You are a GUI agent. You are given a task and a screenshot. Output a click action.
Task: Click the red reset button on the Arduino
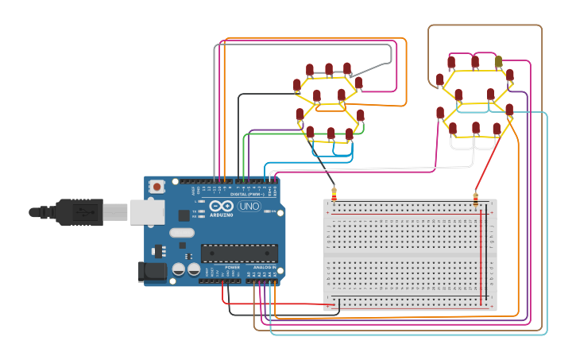pyautogui.click(x=157, y=187)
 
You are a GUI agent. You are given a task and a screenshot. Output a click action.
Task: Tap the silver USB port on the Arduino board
pyautogui.click(x=149, y=211)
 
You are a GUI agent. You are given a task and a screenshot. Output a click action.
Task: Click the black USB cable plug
pyautogui.click(x=79, y=212)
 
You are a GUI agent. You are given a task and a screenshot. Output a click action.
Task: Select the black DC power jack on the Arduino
pyautogui.click(x=153, y=272)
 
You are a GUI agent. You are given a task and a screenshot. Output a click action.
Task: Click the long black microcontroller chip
pyautogui.click(x=239, y=253)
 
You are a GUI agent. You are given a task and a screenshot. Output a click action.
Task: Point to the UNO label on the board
pyautogui.click(x=249, y=207)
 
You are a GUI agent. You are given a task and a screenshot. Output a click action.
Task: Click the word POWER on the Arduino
pyautogui.click(x=232, y=268)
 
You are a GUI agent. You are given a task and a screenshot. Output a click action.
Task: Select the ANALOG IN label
pyautogui.click(x=265, y=268)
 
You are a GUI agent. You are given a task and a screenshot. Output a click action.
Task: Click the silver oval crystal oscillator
pyautogui.click(x=181, y=233)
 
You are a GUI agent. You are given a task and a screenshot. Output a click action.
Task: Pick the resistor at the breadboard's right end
pyautogui.click(x=476, y=199)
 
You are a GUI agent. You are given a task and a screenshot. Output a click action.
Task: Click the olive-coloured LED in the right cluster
pyautogui.click(x=498, y=61)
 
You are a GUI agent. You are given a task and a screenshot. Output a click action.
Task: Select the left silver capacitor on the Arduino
pyautogui.click(x=178, y=269)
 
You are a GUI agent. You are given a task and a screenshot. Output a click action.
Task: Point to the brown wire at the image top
pyautogui.click(x=485, y=25)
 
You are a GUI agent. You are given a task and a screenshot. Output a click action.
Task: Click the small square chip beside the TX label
pyautogui.click(x=184, y=215)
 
